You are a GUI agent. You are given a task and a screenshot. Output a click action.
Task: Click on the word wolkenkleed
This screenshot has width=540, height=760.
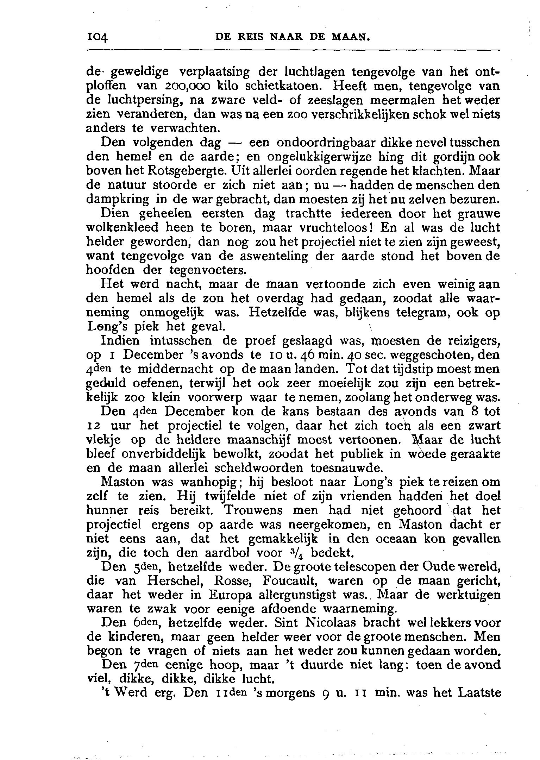pos(123,228)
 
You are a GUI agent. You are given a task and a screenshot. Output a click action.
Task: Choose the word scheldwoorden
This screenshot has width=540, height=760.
pos(252,468)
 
